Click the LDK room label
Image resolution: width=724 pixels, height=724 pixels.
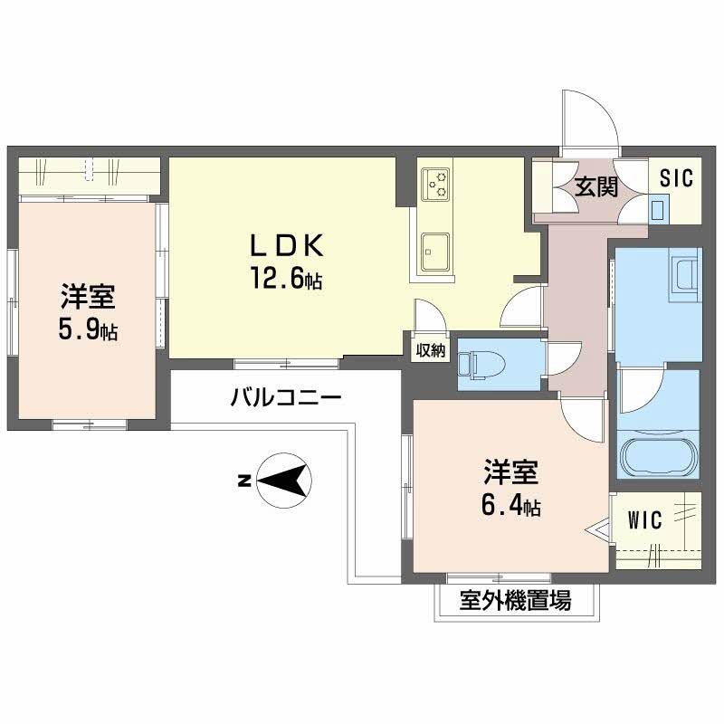click(x=286, y=245)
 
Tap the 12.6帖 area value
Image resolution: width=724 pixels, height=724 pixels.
click(x=286, y=278)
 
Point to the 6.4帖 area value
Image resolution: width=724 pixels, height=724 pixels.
click(x=511, y=506)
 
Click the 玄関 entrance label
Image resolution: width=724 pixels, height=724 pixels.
click(x=596, y=187)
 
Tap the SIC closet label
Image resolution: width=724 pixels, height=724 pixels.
click(x=677, y=178)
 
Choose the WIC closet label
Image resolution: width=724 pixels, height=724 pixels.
click(x=645, y=519)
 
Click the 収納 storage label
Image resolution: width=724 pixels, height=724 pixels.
click(x=431, y=350)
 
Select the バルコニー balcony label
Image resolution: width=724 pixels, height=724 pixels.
click(x=286, y=397)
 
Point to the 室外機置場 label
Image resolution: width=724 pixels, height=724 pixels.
click(x=515, y=600)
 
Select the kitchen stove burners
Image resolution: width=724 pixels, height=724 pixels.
click(x=435, y=185)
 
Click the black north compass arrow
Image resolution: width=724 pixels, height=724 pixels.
click(x=281, y=481)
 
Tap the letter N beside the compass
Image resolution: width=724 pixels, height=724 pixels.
click(x=243, y=481)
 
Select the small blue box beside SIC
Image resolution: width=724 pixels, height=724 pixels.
click(x=658, y=209)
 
